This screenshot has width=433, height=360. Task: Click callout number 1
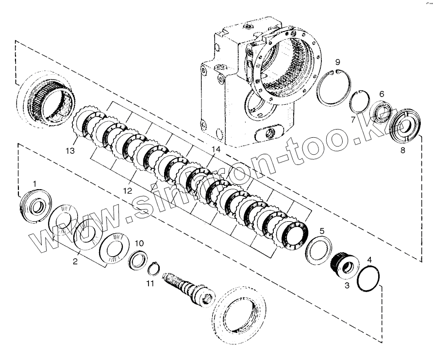click(x=34, y=182)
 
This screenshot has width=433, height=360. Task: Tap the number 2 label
click(x=75, y=262)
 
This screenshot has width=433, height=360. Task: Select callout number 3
click(x=347, y=287)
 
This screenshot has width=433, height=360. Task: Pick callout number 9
click(x=337, y=62)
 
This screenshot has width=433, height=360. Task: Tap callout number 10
click(x=139, y=242)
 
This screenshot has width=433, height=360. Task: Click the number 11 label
click(x=150, y=283)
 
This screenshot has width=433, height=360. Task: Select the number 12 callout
click(x=127, y=191)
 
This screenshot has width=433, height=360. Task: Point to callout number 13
click(x=70, y=151)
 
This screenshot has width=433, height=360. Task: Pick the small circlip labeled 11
click(x=153, y=267)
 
